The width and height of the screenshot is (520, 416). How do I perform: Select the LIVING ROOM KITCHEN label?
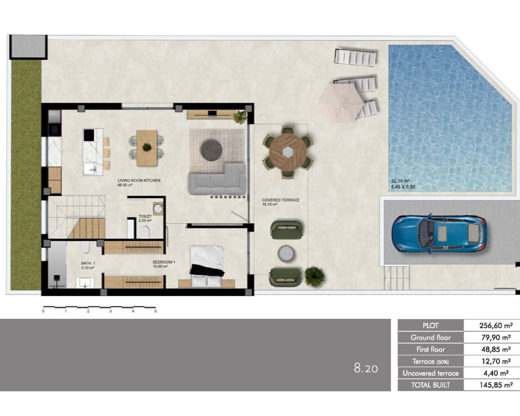coord(139,180)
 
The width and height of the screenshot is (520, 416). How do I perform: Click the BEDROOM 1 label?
coord(164,262)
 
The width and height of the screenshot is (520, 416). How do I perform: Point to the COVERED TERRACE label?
coord(280,200)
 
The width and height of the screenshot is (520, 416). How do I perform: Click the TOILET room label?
coord(145,217)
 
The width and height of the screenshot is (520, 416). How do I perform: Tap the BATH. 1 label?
coord(88,264)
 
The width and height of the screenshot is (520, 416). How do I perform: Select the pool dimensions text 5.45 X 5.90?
coord(403,187)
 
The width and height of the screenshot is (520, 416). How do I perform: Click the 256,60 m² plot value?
coord(495,325)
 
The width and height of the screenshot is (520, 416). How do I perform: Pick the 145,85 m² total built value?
coord(495,385)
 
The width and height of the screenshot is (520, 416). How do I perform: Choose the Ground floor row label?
coord(431,338)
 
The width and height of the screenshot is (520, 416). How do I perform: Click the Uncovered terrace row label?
coord(431,373)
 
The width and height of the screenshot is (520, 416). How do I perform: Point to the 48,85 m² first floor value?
coord(495,349)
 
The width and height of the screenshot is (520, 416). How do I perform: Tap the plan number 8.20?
coord(366,368)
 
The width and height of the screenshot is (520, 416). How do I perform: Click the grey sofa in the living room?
coord(218,181)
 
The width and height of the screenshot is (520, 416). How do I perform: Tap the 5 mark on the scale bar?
coord(155,311)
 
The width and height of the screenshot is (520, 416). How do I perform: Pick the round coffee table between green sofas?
coord(286,253)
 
